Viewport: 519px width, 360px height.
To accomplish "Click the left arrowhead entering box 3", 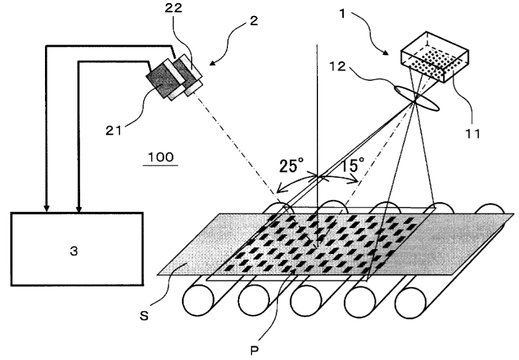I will point(46,208).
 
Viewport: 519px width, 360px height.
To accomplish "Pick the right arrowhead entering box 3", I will point(78,208).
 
